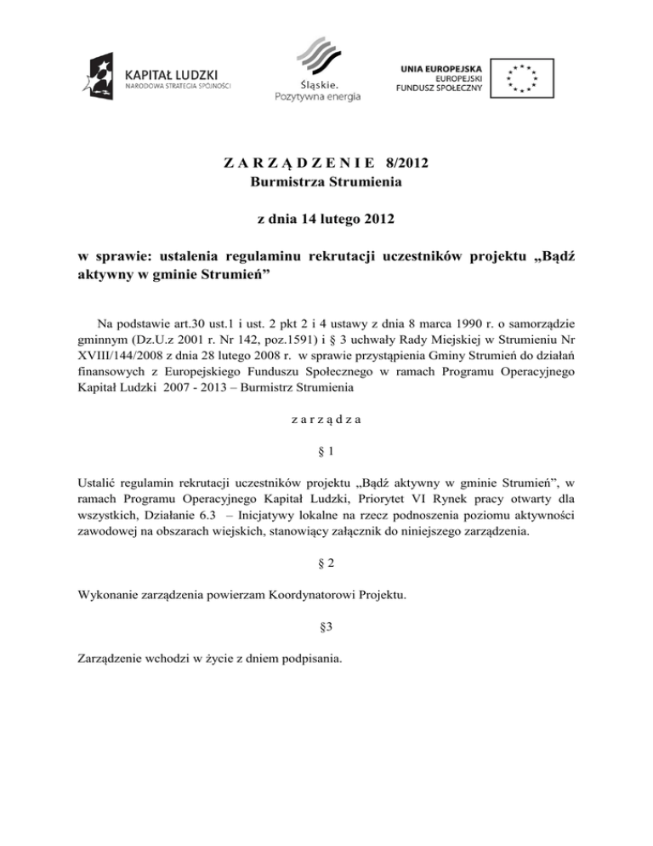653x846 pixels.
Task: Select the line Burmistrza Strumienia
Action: click(x=326, y=180)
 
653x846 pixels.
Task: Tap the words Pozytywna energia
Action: click(x=317, y=96)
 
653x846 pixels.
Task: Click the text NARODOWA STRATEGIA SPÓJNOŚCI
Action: click(x=177, y=84)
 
